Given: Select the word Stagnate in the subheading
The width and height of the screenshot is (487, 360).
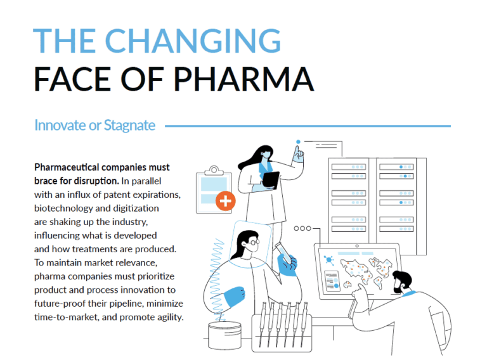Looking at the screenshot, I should tap(130, 125).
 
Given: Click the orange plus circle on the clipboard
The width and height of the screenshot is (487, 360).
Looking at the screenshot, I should tap(225, 201).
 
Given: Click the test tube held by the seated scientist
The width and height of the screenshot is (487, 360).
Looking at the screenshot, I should tap(283, 252).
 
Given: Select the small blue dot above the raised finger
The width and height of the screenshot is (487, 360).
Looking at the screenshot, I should tap(298, 141).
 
